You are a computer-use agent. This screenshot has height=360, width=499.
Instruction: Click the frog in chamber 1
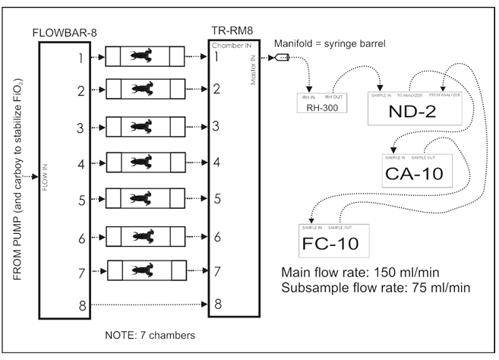140,56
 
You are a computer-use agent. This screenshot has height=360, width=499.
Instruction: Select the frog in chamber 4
140,162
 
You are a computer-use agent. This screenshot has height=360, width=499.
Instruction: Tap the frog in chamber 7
140,270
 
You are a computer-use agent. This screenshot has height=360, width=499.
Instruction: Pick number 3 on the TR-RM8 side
216,125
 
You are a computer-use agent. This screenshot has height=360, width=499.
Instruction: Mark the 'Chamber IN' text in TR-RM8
229,46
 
